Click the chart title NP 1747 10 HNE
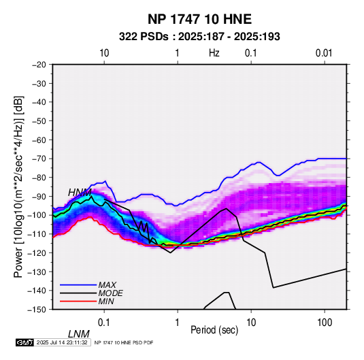coord(199,19)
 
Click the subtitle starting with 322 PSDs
coord(199,37)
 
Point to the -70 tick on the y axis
coord(39,159)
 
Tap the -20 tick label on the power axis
coord(39,65)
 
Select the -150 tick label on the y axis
coord(37,310)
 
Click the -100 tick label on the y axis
coord(37,215)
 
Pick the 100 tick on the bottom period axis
coord(325,323)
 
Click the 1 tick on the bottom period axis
coord(178,323)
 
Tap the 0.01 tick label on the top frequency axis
coord(324,53)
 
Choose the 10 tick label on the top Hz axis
coord(104,53)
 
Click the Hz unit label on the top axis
coord(214,53)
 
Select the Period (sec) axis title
coord(214,330)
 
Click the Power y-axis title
coord(18,186)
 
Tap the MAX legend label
coord(107,285)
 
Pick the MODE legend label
coord(110,293)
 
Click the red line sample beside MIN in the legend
coord(78,301)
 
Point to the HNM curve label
coord(80,193)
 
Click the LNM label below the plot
coord(79,334)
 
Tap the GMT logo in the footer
coord(25,342)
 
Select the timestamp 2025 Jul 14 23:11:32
coord(62,342)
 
